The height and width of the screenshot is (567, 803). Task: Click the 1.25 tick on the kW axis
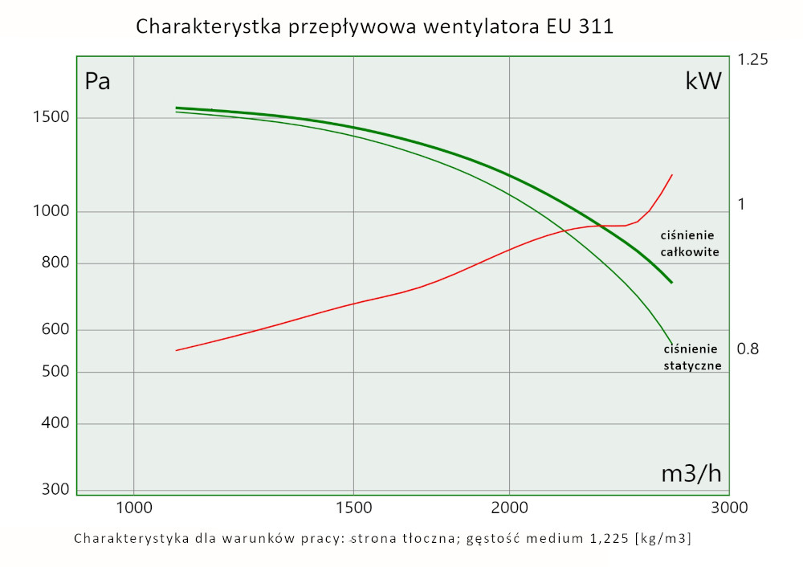point(753,60)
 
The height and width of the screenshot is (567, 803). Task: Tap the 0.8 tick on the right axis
point(748,349)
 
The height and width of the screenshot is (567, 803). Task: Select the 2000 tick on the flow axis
point(510,508)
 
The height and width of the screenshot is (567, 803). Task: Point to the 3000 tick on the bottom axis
point(730,508)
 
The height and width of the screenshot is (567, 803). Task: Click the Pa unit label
point(97,81)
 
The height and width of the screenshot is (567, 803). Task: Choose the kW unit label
point(703,80)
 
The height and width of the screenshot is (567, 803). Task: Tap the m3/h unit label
point(691,474)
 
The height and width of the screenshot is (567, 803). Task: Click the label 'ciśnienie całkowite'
point(688,243)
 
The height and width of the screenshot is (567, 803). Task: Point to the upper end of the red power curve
point(671,174)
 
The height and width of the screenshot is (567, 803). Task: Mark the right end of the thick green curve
point(671,283)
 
